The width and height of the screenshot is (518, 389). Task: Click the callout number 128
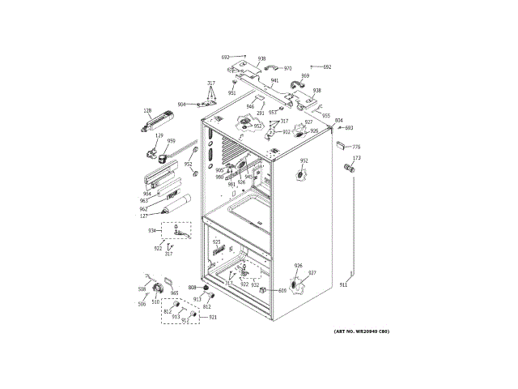click(x=147, y=110)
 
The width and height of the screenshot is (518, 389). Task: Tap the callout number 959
click(x=171, y=141)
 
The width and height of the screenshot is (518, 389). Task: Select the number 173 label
click(x=356, y=158)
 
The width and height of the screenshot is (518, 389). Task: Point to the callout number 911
click(x=343, y=285)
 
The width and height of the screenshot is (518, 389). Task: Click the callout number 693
click(x=349, y=127)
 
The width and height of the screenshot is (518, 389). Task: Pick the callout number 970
click(x=287, y=68)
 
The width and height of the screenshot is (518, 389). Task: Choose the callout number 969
click(x=305, y=75)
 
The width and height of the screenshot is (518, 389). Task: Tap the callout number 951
click(x=231, y=93)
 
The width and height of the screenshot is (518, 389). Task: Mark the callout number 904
click(x=182, y=105)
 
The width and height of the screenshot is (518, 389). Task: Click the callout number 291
click(x=261, y=113)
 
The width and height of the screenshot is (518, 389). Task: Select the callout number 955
click(x=325, y=115)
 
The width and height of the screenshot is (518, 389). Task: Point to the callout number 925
click(x=216, y=242)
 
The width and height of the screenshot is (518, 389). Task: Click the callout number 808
click(x=193, y=288)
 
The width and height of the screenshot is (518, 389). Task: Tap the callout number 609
click(x=282, y=290)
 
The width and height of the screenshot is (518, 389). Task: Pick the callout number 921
click(x=213, y=317)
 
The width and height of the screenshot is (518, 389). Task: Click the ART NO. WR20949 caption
click(x=361, y=331)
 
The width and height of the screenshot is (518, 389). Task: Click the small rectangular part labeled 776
click(x=341, y=146)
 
